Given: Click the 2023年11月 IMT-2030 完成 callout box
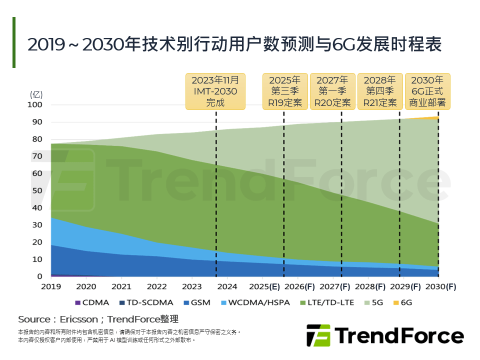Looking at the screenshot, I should (215, 91).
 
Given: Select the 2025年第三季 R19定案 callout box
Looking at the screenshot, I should (284, 91).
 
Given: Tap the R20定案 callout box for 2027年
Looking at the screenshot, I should (332, 91).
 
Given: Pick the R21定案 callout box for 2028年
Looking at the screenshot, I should (380, 91).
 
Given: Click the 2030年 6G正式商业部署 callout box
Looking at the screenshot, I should (427, 91).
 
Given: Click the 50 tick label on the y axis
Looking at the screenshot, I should (37, 191).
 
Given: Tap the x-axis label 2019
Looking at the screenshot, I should (51, 287).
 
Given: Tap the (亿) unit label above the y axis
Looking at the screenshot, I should (37, 94).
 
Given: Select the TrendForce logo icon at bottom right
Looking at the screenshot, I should (318, 335).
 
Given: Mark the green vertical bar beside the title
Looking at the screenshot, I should (14, 42).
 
